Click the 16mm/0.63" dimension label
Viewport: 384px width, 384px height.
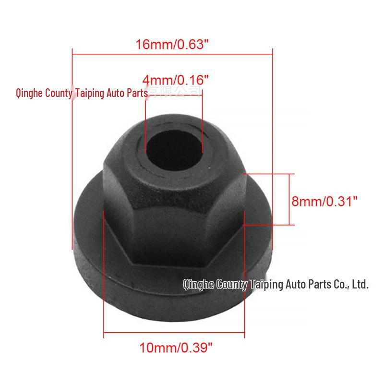tap(172, 45)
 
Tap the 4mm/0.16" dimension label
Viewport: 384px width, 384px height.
tap(176, 79)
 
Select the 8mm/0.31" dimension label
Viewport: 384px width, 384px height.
tap(325, 201)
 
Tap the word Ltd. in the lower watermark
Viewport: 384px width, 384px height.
tap(360, 285)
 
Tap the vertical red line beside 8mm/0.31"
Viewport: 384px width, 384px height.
tap(289, 199)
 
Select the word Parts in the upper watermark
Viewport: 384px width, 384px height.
tap(137, 93)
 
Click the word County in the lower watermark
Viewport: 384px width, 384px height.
tap(232, 285)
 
